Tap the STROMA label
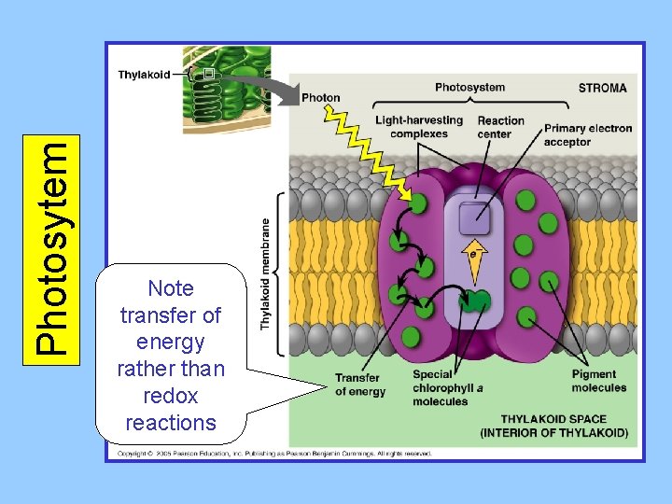(x=602, y=89)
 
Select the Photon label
(x=321, y=98)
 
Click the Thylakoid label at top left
(x=144, y=75)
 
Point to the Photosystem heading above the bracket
(x=469, y=88)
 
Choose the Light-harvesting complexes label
(x=419, y=127)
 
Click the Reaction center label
(x=500, y=127)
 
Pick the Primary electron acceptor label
(x=588, y=134)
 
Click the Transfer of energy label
(x=360, y=385)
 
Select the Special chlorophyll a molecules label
(x=447, y=388)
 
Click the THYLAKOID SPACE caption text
(x=553, y=426)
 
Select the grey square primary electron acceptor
(x=474, y=217)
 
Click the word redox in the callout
(x=171, y=396)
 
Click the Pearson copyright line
(x=274, y=454)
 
